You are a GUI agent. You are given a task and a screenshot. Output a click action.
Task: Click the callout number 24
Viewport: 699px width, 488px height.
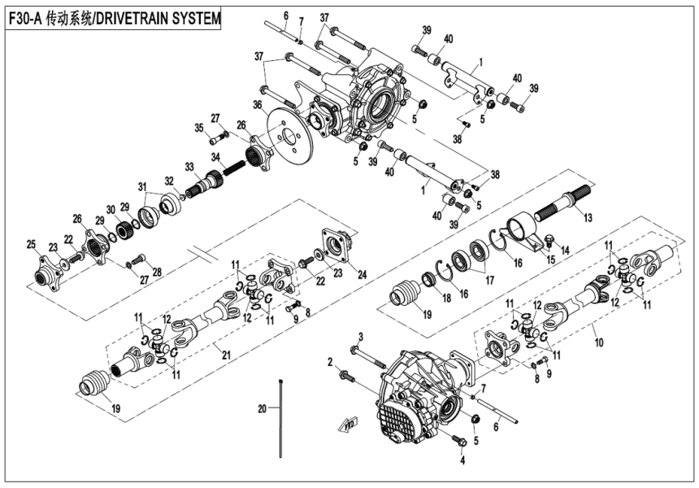362,274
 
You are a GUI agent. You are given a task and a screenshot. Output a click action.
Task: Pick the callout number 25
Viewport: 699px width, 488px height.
31,245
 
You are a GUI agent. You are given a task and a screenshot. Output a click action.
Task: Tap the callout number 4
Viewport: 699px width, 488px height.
463,460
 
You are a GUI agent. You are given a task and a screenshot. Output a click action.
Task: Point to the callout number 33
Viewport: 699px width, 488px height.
189,166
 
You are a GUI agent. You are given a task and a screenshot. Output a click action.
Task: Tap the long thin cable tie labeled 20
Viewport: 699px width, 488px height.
282,423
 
